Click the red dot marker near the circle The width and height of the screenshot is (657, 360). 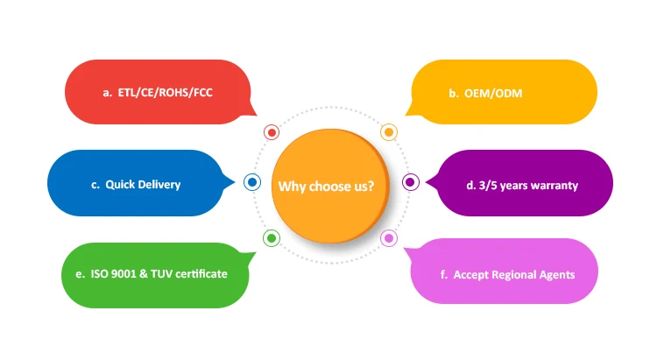(x=272, y=132)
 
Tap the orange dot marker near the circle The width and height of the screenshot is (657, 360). (x=389, y=132)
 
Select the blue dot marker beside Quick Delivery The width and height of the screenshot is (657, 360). (x=251, y=182)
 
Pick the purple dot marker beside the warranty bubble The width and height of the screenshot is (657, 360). (x=409, y=182)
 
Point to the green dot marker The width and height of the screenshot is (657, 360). (x=272, y=237)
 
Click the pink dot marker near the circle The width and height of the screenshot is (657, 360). (x=389, y=237)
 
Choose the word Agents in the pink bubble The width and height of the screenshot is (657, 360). (x=556, y=275)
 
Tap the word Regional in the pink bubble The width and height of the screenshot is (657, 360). (x=512, y=275)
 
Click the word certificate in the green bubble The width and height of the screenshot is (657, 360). (x=201, y=274)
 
